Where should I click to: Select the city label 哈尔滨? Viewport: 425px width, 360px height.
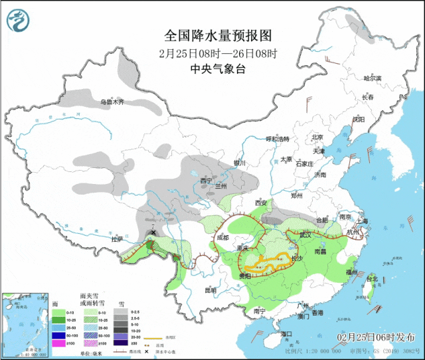(x=373, y=78)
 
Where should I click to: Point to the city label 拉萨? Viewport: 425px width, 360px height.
(x=117, y=239)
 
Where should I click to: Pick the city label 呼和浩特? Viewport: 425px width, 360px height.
(x=278, y=139)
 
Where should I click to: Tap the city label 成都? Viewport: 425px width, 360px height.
(x=221, y=237)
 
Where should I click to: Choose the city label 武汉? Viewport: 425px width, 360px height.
(x=305, y=234)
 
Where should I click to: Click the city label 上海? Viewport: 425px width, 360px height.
(x=362, y=221)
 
